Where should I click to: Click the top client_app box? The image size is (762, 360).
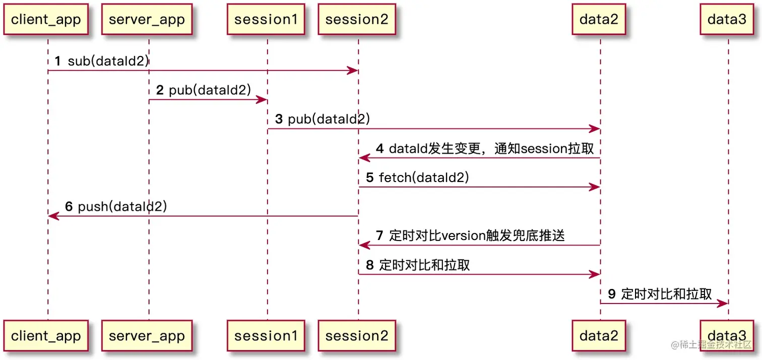pos(46,20)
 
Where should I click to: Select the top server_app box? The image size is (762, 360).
pos(147,20)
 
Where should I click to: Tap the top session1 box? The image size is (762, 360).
pos(266,20)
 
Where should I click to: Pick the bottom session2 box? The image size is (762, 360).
pos(357,335)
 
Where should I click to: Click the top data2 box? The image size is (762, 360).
pos(599,20)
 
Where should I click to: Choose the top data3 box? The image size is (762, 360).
pos(727,20)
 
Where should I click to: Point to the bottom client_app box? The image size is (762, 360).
pos(46,335)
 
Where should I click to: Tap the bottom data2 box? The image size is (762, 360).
pos(599,335)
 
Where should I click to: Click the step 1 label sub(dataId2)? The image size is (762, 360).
pos(108,62)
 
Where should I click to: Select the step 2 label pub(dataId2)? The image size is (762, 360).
pos(210,90)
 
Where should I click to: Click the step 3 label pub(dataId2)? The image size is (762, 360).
pos(329,119)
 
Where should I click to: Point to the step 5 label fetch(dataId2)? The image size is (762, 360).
pos(424,177)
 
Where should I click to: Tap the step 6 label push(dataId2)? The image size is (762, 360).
pos(122,206)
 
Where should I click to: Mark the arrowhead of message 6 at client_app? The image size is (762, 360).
pos(52,216)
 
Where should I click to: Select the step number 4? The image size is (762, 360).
pos(379,149)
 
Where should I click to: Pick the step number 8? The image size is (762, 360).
pos(370,265)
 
